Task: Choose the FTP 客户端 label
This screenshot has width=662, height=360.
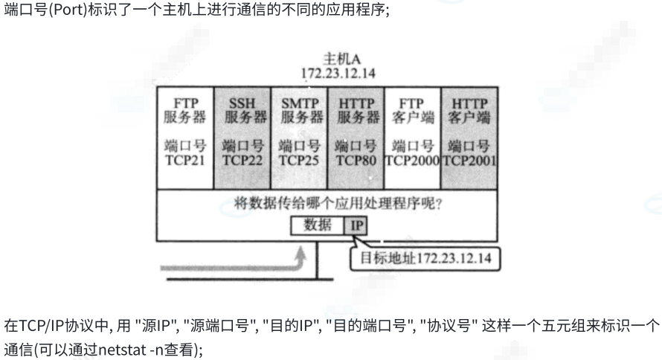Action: (x=412, y=110)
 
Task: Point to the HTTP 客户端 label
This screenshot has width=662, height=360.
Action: (x=469, y=110)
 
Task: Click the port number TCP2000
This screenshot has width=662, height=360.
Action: (x=412, y=159)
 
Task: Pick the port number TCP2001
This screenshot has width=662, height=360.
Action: (x=469, y=159)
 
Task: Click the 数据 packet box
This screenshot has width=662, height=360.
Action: (x=318, y=225)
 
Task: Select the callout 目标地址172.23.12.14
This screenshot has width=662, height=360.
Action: (x=425, y=258)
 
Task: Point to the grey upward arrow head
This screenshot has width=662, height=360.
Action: (x=300, y=254)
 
